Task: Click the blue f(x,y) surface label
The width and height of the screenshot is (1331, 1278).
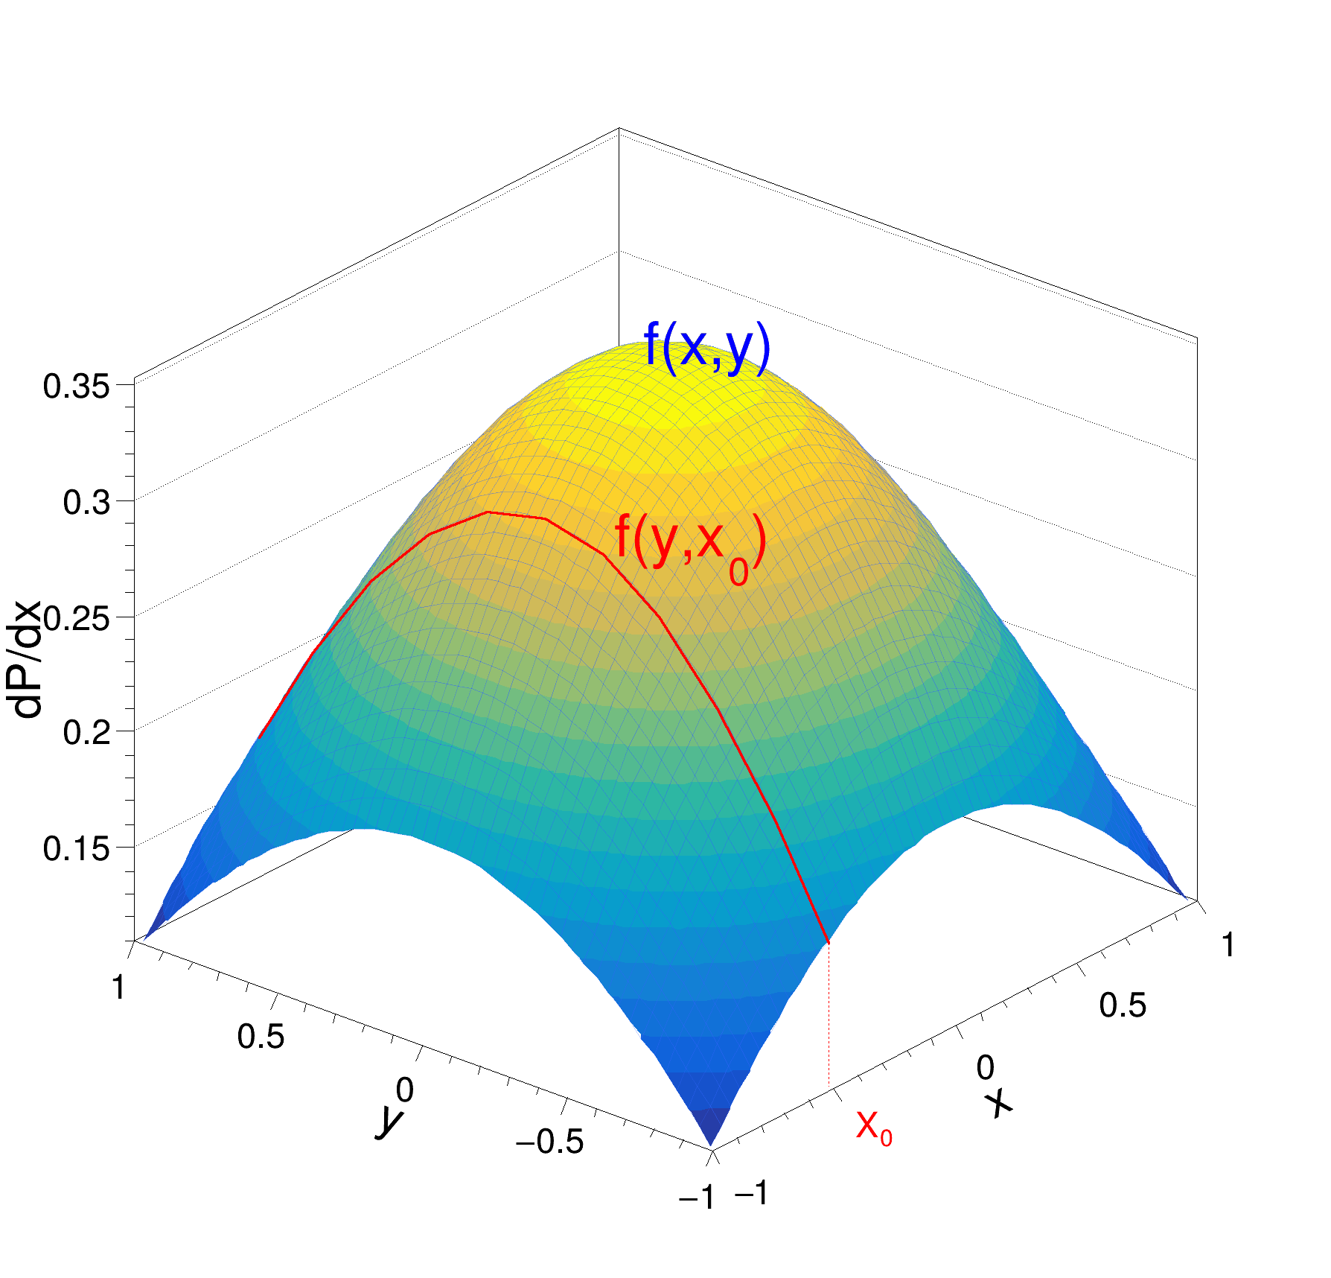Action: (706, 349)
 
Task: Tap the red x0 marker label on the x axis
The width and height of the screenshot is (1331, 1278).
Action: (874, 1126)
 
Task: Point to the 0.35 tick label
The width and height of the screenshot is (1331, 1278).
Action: (77, 387)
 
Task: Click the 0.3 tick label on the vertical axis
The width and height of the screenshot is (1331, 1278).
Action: (87, 503)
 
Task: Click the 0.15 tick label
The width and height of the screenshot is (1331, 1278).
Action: (77, 849)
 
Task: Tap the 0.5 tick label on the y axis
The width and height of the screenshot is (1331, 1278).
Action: (261, 1037)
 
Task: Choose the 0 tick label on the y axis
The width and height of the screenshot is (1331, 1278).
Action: (404, 1091)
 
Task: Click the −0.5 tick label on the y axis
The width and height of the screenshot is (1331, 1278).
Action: (549, 1142)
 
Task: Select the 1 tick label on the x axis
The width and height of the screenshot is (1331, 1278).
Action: (1228, 946)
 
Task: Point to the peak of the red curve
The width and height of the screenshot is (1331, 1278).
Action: (488, 512)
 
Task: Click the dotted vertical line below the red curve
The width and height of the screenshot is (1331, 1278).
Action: (829, 1013)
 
